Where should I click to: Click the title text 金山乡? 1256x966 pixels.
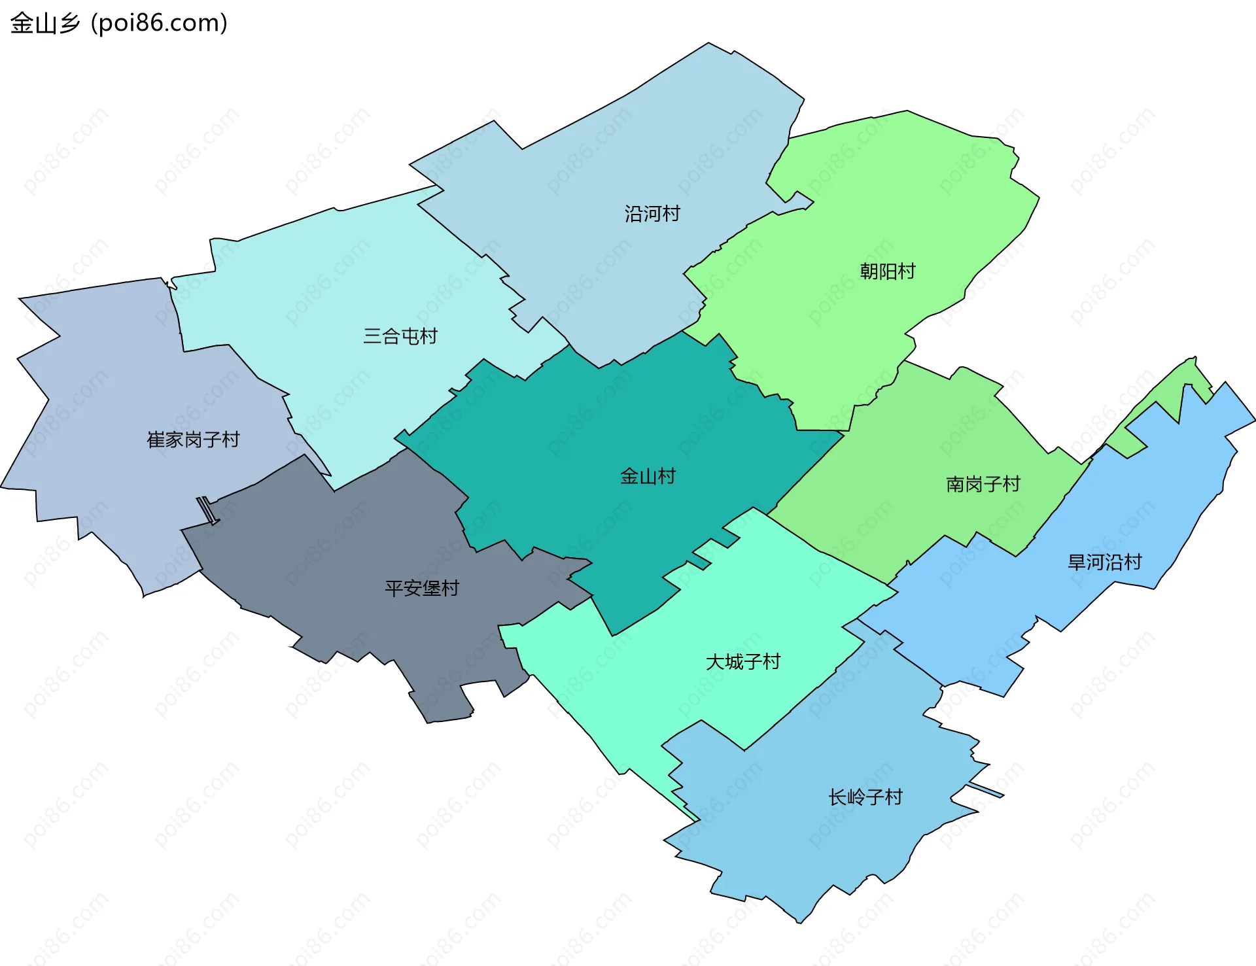pyautogui.click(x=44, y=24)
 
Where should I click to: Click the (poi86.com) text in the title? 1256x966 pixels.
pyautogui.click(x=159, y=24)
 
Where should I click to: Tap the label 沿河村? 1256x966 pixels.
pyautogui.click(x=652, y=214)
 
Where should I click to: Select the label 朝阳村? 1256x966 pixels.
pyautogui.click(x=887, y=271)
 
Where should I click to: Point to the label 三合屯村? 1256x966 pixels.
pyautogui.click(x=400, y=336)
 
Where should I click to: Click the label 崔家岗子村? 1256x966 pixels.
pyautogui.click(x=193, y=440)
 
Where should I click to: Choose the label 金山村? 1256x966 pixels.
pyautogui.click(x=648, y=476)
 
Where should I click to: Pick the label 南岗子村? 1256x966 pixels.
pyautogui.click(x=983, y=485)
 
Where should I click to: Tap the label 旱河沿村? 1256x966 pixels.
pyautogui.click(x=1104, y=562)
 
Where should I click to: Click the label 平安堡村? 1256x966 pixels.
pyautogui.click(x=422, y=589)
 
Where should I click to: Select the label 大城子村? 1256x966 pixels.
pyautogui.click(x=743, y=662)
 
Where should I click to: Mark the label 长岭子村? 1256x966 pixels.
pyautogui.click(x=865, y=797)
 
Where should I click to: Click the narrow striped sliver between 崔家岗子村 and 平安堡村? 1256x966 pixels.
pyautogui.click(x=207, y=510)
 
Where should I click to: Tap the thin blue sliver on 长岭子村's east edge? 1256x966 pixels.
pyautogui.click(x=986, y=790)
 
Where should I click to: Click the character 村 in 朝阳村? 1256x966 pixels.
pyautogui.click(x=906, y=271)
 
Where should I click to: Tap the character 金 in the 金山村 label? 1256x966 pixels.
pyautogui.click(x=629, y=476)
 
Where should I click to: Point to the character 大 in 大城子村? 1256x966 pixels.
pyautogui.click(x=715, y=662)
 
